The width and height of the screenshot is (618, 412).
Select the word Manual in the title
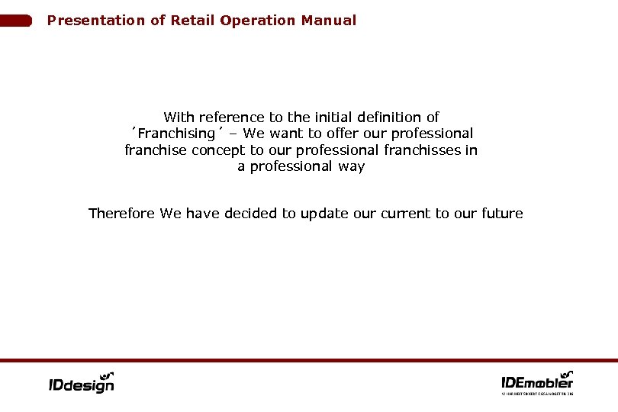click(328, 21)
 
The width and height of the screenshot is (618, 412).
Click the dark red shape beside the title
click(16, 21)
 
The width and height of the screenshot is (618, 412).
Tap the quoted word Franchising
click(172, 134)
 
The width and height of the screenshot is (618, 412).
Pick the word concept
click(217, 150)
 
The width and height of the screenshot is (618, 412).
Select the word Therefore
click(122, 214)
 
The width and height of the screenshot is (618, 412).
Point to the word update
click(325, 214)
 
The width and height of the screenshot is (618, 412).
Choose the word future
click(502, 214)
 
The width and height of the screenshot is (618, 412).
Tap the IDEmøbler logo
click(537, 381)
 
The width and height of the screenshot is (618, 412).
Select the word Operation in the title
click(260, 21)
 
